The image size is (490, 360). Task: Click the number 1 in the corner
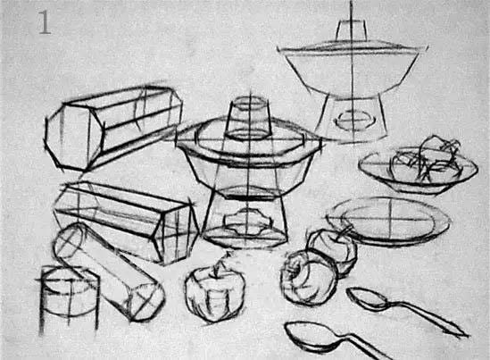click(x=45, y=22)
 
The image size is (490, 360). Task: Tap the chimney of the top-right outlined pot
click(x=352, y=30)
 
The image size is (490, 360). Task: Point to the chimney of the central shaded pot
click(x=249, y=118)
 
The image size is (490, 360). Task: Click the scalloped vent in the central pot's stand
click(x=247, y=222)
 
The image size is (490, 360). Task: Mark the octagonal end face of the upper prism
click(x=74, y=137)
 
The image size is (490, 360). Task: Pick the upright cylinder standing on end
click(x=69, y=299)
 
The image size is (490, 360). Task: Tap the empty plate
click(x=389, y=221)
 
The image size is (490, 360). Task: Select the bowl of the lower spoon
click(x=312, y=336)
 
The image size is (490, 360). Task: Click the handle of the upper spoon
click(x=428, y=318)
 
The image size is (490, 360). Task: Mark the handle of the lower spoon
click(x=365, y=347)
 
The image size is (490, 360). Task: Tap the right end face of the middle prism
click(x=177, y=233)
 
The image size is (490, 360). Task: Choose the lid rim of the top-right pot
click(x=353, y=49)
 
